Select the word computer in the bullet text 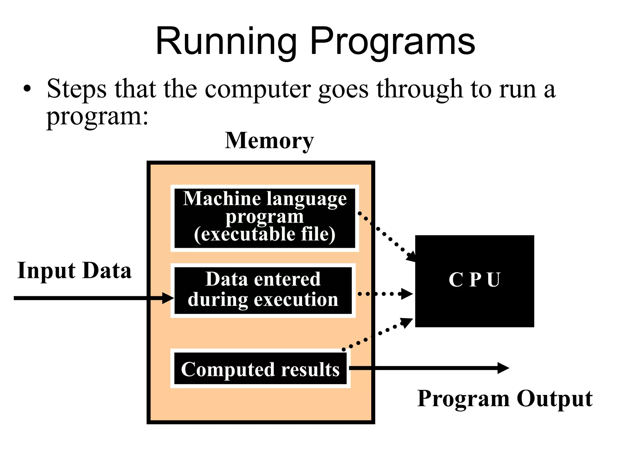click(258, 89)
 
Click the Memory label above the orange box click(269, 141)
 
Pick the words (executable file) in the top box click(265, 235)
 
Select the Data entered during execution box click(263, 290)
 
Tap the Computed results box click(260, 369)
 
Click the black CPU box click(474, 281)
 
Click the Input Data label click(74, 271)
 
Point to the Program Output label click(505, 399)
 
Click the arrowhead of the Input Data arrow click(168, 298)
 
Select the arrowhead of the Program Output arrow click(503, 368)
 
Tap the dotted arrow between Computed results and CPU click(379, 334)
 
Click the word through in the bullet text click(419, 89)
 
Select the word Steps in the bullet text click(77, 89)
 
